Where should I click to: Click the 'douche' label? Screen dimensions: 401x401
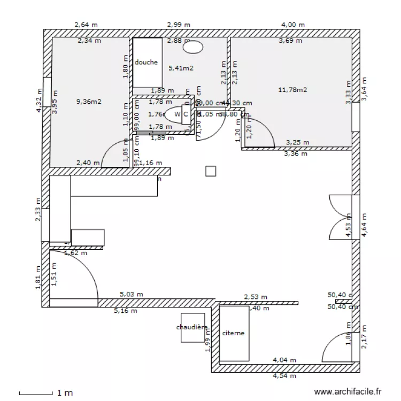(x=146, y=63)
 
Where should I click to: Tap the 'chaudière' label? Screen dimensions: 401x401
(x=192, y=327)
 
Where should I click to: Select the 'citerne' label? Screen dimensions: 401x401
(x=233, y=333)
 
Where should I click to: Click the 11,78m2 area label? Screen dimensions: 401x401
(x=292, y=90)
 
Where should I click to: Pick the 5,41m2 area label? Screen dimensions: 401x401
(x=181, y=68)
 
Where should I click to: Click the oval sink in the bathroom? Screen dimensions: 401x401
(x=193, y=47)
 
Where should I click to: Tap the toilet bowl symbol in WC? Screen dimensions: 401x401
(x=174, y=114)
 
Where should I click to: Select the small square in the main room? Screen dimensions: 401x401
(x=211, y=171)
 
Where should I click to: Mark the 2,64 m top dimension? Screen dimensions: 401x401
(x=86, y=25)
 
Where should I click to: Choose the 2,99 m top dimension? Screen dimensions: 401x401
(x=179, y=25)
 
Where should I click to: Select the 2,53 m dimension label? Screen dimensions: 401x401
(x=256, y=297)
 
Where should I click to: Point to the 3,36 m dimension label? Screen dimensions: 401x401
(x=296, y=154)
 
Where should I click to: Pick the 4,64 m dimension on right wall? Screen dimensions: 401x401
(x=364, y=225)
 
